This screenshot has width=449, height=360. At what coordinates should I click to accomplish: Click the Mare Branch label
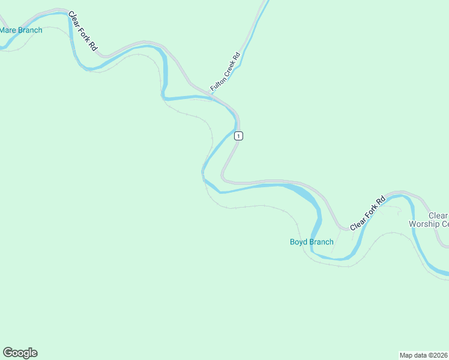click(x=21, y=30)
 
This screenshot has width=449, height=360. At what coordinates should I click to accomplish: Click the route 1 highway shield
click(x=239, y=136)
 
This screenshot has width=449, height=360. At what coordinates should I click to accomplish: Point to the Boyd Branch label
click(x=312, y=242)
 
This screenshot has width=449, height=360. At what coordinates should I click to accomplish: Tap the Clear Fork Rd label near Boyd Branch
click(x=367, y=214)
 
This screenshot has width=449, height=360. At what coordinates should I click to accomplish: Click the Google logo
click(x=20, y=353)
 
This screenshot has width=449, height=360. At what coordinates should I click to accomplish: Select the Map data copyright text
click(x=424, y=355)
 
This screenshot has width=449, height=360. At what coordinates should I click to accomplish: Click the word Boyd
click(x=299, y=242)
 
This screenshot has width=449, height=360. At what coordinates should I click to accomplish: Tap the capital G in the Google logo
click(x=8, y=353)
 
